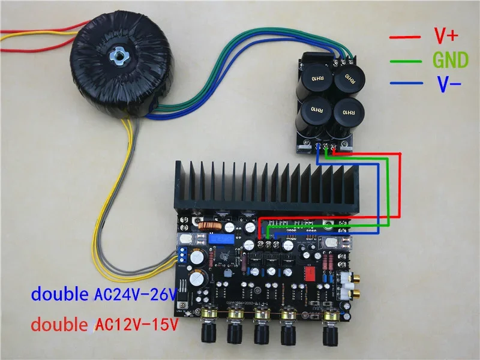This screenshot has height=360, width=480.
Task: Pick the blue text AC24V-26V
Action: coord(136,295)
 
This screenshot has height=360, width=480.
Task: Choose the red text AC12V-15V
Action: coord(136,325)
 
